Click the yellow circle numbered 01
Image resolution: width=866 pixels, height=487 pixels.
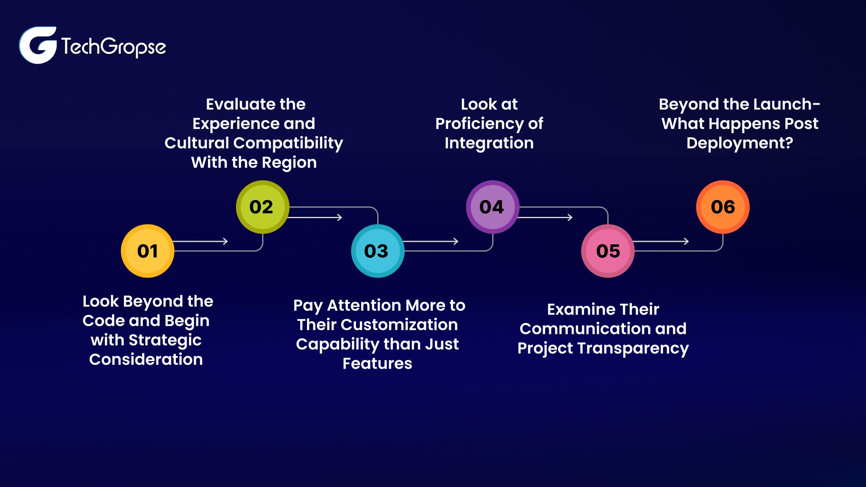148,251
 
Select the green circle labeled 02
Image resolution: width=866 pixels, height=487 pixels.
262,207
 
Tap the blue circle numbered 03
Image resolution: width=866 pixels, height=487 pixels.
377,251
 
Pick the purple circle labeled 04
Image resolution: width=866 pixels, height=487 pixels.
492,207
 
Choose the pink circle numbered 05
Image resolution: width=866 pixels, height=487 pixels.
608,251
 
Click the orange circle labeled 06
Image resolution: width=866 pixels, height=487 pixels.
723,207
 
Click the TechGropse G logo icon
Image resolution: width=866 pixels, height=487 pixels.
38,45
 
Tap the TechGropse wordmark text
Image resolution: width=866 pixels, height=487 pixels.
113,47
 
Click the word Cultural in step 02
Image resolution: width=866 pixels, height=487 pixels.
197,143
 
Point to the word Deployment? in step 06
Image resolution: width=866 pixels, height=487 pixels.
740,143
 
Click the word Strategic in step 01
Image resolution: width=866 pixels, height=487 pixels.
165,340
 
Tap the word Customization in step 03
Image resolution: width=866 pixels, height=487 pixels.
399,325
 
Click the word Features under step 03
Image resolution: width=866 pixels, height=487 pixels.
377,364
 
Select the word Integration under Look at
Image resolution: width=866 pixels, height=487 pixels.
489,143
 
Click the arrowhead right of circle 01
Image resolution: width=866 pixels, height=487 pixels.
226,241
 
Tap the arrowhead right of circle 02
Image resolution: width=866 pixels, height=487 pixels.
340,217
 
